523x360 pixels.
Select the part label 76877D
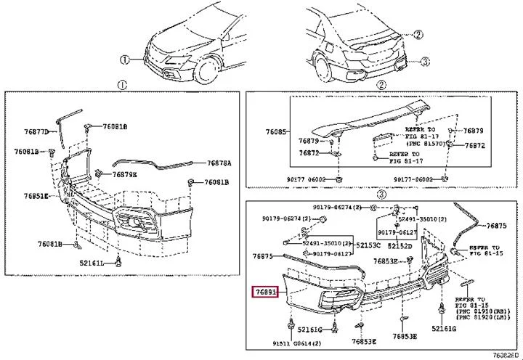(x=36, y=131)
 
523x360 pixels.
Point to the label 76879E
(x=124, y=174)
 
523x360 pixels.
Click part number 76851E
(x=36, y=196)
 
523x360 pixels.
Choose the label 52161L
(x=91, y=261)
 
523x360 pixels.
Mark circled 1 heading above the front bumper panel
(x=121, y=85)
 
